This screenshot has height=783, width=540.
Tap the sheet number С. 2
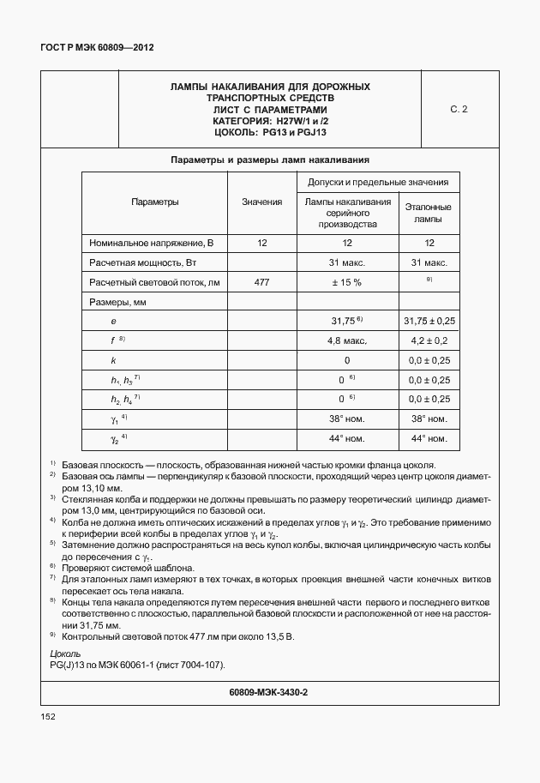(x=459, y=110)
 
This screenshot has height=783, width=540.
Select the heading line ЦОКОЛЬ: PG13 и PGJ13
(x=270, y=133)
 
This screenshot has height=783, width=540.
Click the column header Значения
(x=261, y=202)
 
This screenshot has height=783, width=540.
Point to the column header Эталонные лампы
(x=429, y=213)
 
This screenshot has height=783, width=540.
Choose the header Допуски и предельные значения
(x=378, y=182)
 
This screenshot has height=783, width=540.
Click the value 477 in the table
(x=261, y=281)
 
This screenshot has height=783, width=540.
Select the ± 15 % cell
(x=347, y=281)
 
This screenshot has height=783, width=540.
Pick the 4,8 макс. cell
(x=347, y=340)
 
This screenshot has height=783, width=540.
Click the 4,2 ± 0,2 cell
(x=429, y=340)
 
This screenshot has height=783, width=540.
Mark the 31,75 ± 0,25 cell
(x=429, y=321)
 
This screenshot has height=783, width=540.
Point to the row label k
(x=113, y=360)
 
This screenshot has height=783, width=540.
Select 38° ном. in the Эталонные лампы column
(x=429, y=419)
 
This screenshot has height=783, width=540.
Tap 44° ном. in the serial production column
(x=347, y=439)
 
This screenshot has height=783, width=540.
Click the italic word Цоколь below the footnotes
(x=66, y=654)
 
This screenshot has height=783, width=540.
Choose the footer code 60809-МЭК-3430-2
(x=269, y=691)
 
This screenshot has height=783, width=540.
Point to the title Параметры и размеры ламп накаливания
(x=270, y=160)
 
